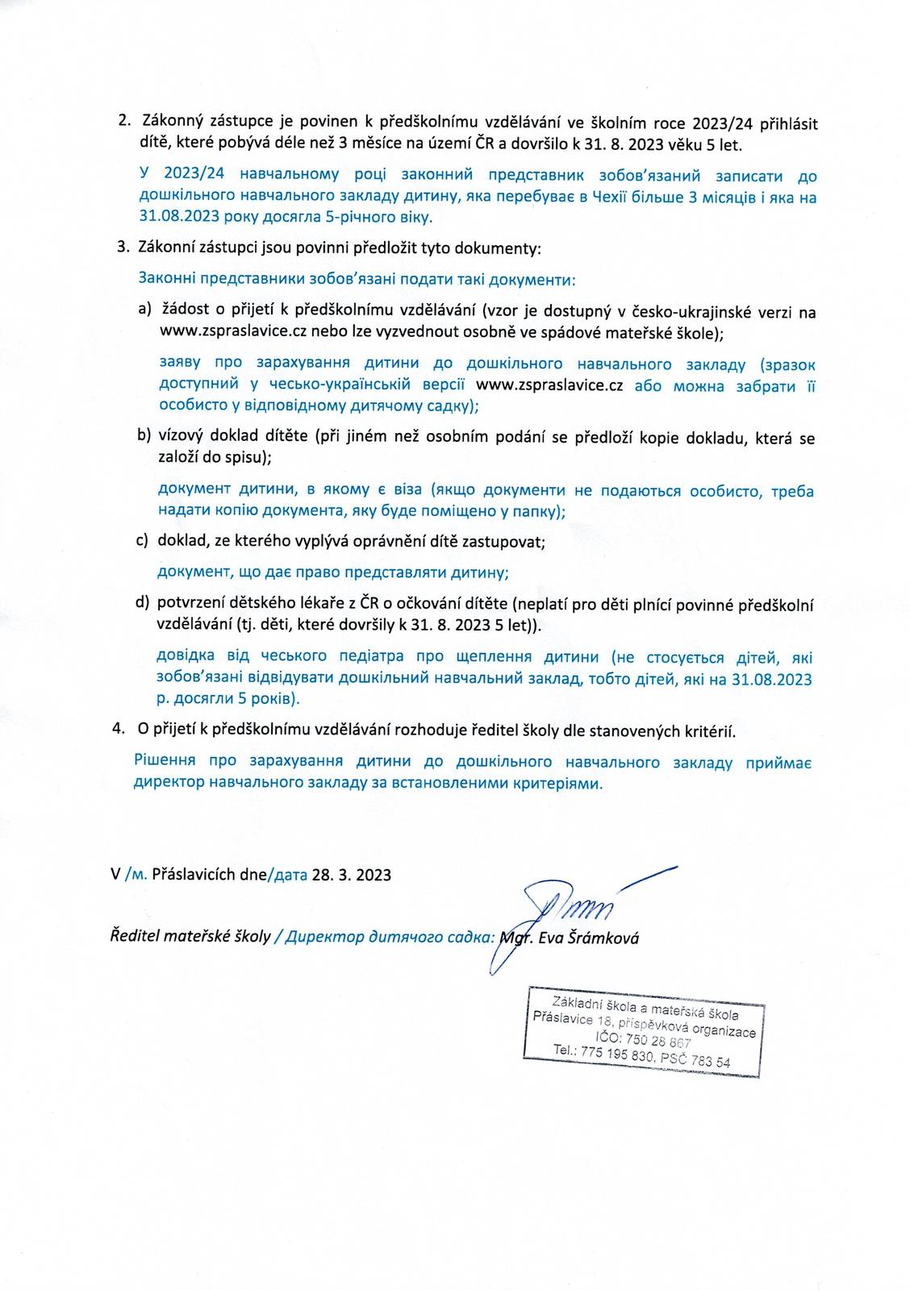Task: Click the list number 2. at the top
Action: pyautogui.click(x=124, y=123)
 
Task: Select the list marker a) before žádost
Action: pyautogui.click(x=145, y=310)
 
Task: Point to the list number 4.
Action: pyautogui.click(x=119, y=729)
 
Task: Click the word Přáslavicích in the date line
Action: pyautogui.click(x=194, y=875)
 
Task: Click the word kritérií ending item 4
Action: pyautogui.click(x=708, y=731)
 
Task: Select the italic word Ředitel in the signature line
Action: pyautogui.click(x=135, y=937)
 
